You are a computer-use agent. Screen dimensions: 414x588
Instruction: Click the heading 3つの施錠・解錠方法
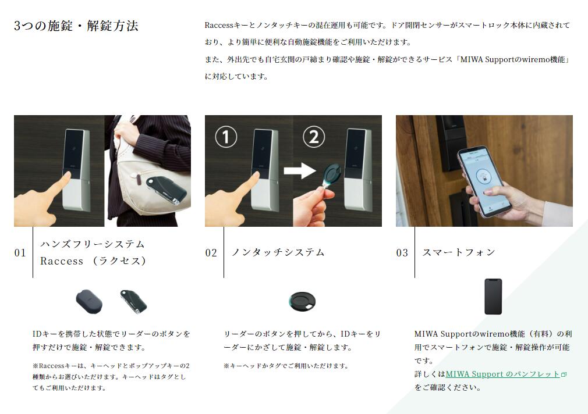(76, 26)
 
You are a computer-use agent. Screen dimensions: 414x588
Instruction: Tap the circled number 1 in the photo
(226, 137)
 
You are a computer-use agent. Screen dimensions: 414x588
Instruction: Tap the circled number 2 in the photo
(313, 137)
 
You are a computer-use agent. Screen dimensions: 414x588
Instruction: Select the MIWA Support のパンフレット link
(502, 374)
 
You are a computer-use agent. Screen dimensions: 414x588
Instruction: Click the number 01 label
(20, 252)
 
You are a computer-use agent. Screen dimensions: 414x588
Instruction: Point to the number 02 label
(211, 252)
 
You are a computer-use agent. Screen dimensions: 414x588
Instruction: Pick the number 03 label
(402, 252)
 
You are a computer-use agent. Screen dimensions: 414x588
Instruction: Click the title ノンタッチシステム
(278, 252)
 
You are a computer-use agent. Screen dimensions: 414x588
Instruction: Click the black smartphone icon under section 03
(493, 297)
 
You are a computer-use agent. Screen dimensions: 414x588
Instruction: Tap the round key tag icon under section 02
(302, 301)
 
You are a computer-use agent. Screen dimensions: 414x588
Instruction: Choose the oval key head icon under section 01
(89, 301)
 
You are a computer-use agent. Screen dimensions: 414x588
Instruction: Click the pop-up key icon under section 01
(133, 301)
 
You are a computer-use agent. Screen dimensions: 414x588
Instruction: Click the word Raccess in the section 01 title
(62, 261)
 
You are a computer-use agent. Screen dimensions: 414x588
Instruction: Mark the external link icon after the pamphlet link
(564, 374)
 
